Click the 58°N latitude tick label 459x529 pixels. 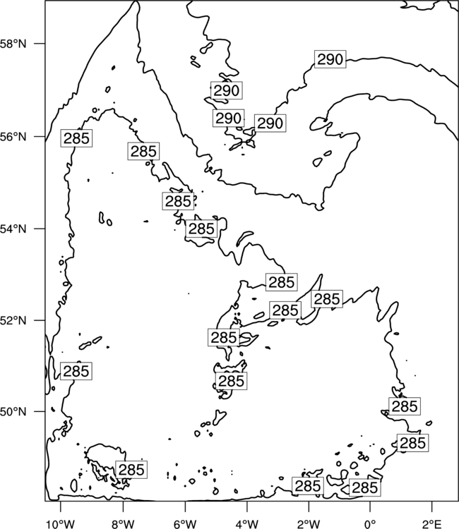tap(13, 44)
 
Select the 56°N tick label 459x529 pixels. tap(13, 137)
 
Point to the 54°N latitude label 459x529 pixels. tap(13, 229)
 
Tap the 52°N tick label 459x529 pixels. tap(13, 320)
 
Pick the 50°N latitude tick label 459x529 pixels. tap(13, 412)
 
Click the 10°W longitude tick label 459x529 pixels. tap(61, 524)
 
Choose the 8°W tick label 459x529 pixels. tap(122, 524)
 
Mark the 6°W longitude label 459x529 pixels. tap(184, 524)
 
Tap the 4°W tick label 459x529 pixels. tap(246, 524)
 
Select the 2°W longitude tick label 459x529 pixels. tap(309, 524)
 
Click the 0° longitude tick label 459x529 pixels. tap(370, 524)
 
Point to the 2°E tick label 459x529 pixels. tap(431, 524)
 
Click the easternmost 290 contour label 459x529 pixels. tap(330, 59)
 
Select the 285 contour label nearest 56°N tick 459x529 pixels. tap(76, 138)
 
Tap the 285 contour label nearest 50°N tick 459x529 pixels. tap(76, 371)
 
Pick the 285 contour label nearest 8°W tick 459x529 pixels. tap(131, 470)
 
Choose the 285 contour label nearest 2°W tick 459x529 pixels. tap(308, 486)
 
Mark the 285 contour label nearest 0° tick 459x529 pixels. tap(365, 487)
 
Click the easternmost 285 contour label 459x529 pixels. tap(412, 443)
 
